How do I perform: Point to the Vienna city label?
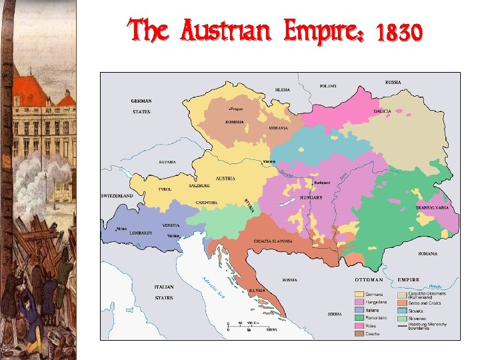pos(269,162)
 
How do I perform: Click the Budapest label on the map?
pos(323,181)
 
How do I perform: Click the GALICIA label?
pos(383,111)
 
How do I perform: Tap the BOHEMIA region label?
pos(234,122)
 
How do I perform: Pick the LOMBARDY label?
pos(137,233)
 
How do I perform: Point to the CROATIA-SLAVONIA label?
pos(273,241)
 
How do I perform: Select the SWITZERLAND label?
pos(117,196)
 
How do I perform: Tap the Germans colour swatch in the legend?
pos(359,293)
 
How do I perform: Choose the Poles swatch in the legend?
pos(359,325)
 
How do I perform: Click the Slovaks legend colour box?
pos(402,311)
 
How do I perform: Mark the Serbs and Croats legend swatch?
pos(402,303)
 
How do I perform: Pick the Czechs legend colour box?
pos(359,333)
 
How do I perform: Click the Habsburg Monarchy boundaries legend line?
pos(402,326)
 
